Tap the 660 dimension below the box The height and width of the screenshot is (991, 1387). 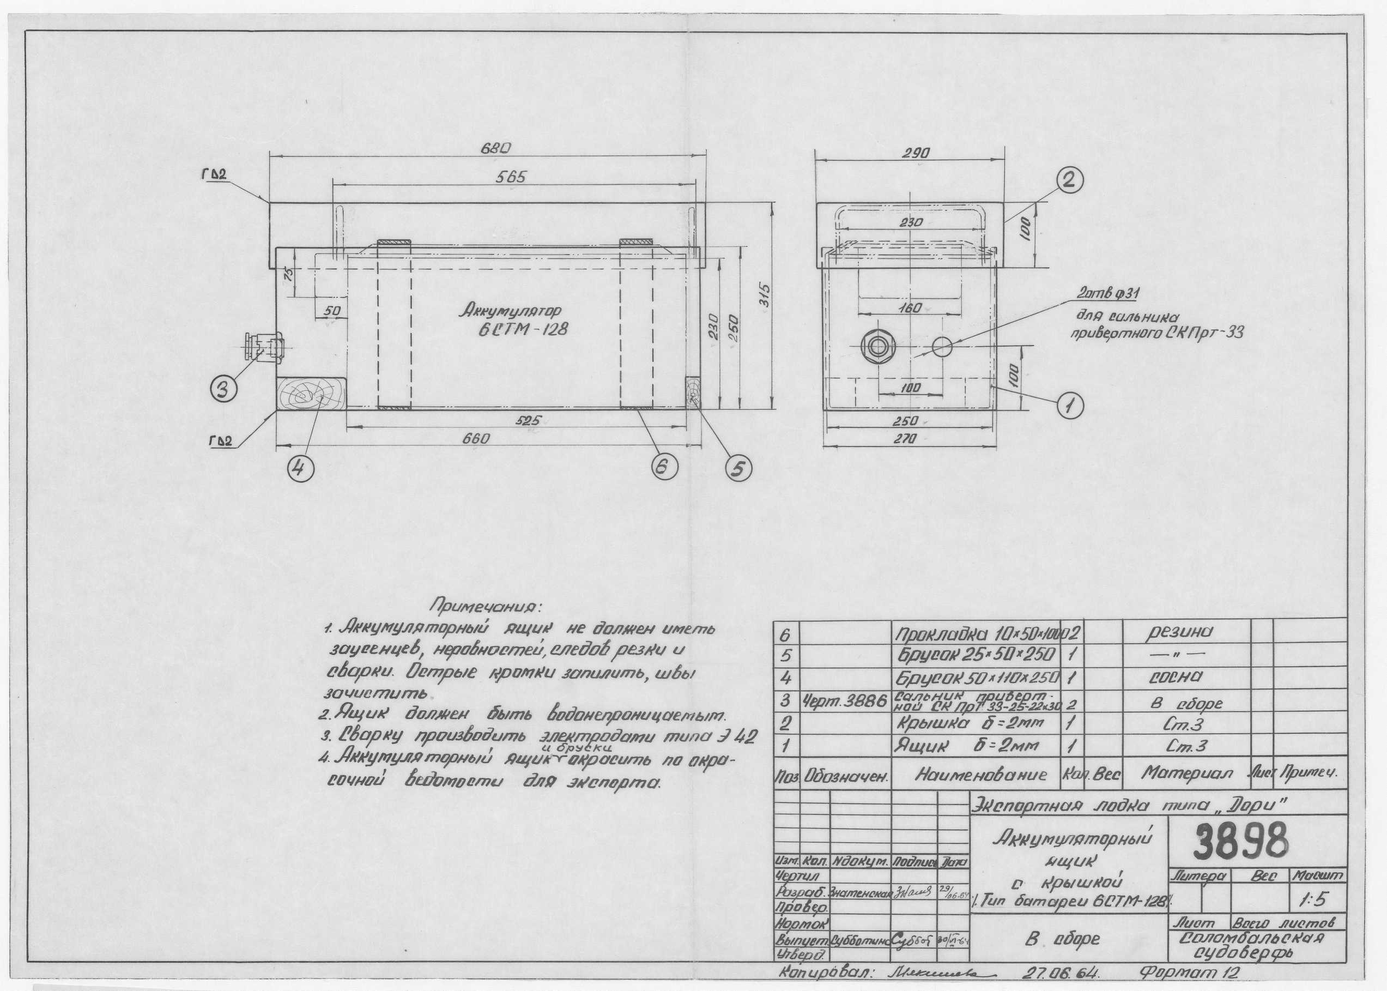476,439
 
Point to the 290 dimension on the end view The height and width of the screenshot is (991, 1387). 916,154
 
